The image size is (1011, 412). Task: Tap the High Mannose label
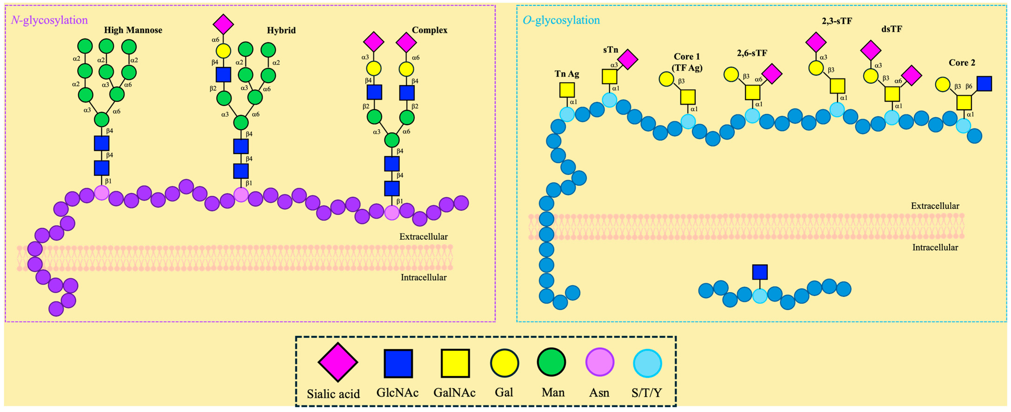pyautogui.click(x=133, y=30)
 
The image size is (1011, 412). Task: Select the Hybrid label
pyautogui.click(x=281, y=30)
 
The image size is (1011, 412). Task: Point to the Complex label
pyautogui.click(x=429, y=30)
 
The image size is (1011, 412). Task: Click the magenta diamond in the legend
pyautogui.click(x=338, y=362)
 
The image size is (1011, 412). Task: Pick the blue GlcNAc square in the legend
pyautogui.click(x=398, y=363)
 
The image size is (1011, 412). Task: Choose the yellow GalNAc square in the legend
pyautogui.click(x=455, y=363)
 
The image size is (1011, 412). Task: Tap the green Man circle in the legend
pyautogui.click(x=551, y=362)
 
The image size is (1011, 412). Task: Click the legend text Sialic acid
pyautogui.click(x=333, y=394)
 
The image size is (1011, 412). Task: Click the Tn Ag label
pyautogui.click(x=567, y=74)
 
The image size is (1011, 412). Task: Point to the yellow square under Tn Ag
pyautogui.click(x=567, y=90)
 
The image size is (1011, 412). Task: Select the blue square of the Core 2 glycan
pyautogui.click(x=984, y=84)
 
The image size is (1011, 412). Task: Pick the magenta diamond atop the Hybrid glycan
pyautogui.click(x=223, y=24)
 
